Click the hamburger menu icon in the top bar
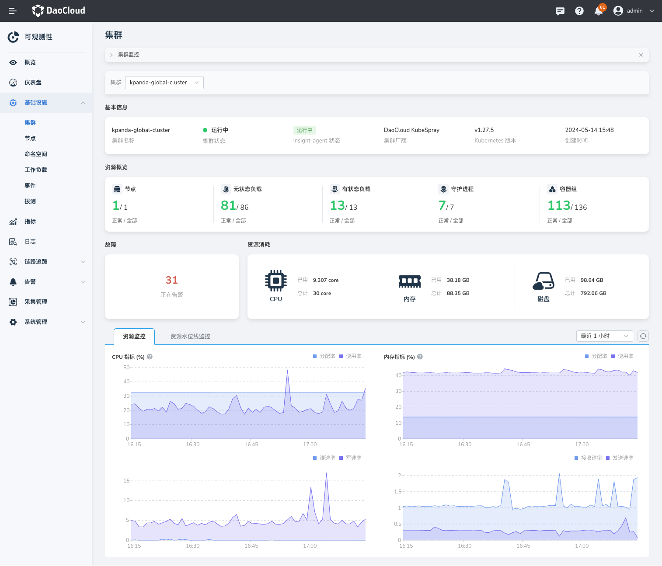pyautogui.click(x=12, y=11)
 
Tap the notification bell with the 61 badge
pyautogui.click(x=599, y=11)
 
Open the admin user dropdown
pyautogui.click(x=634, y=11)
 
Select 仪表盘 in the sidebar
pyautogui.click(x=33, y=83)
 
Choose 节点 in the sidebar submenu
pyautogui.click(x=30, y=139)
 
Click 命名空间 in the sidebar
pyautogui.click(x=36, y=154)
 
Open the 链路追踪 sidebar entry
pyautogui.click(x=36, y=262)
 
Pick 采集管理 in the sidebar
pyautogui.click(x=36, y=302)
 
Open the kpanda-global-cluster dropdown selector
pyautogui.click(x=164, y=83)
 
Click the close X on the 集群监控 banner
pyautogui.click(x=641, y=55)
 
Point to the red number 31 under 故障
pyautogui.click(x=171, y=280)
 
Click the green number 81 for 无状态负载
pyautogui.click(x=228, y=205)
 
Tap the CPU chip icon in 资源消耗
pyautogui.click(x=276, y=281)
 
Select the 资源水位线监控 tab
pyautogui.click(x=190, y=337)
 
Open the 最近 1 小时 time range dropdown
pyautogui.click(x=604, y=336)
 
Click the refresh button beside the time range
pyautogui.click(x=643, y=336)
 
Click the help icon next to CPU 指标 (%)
pyautogui.click(x=150, y=357)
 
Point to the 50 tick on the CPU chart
pyautogui.click(x=126, y=368)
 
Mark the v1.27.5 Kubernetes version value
pyautogui.click(x=484, y=130)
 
